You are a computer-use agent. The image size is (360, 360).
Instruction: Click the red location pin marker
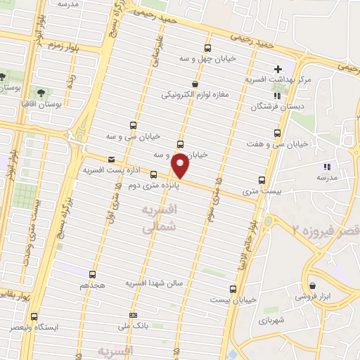point(180,166)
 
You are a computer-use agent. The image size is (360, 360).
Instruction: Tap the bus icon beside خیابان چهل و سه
point(207,48)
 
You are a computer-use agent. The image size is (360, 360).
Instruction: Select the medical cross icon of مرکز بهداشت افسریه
point(278,70)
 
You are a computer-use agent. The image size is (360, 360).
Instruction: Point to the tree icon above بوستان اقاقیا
point(39,92)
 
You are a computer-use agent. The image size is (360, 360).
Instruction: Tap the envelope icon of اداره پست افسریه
point(110,160)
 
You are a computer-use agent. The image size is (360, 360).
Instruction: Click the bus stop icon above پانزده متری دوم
point(153,175)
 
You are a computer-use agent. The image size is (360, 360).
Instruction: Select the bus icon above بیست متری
point(262,180)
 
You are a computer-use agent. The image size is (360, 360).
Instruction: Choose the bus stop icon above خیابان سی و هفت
point(280,133)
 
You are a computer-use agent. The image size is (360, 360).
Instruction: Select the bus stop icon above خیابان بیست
point(233,288)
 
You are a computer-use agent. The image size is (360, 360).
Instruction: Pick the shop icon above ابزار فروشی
point(326,287)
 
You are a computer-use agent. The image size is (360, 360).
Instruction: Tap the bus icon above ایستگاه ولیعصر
point(33,318)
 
